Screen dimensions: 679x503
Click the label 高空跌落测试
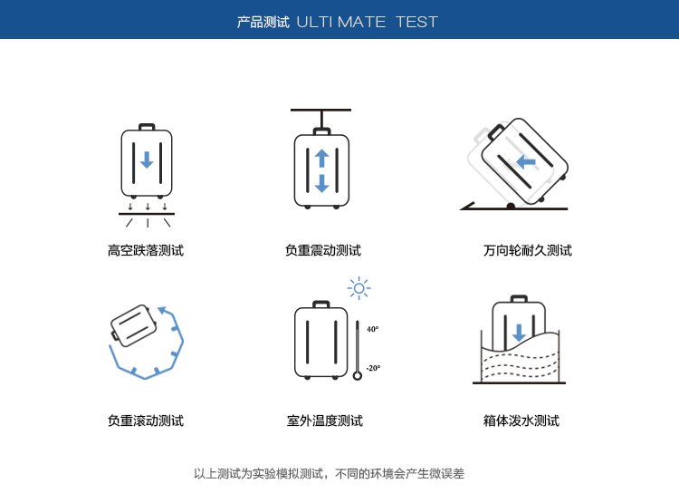point(146,250)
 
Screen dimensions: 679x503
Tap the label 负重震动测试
point(322,250)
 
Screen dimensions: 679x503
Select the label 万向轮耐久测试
point(528,250)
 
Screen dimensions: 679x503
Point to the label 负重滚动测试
point(146,421)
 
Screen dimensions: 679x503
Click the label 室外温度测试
point(325,421)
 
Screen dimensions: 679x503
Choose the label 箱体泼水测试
point(521,421)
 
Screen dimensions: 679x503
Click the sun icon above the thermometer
point(359,288)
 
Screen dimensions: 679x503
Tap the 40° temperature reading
point(372,329)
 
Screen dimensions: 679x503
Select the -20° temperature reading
point(373,368)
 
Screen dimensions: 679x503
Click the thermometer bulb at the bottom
point(358,375)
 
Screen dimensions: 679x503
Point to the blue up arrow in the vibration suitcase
point(321,159)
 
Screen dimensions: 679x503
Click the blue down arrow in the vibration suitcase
point(321,183)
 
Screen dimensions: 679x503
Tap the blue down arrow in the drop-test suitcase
point(147,160)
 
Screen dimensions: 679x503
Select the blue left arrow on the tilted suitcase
point(526,161)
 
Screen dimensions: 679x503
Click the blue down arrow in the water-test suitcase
point(519,333)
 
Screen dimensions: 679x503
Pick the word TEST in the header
point(416,22)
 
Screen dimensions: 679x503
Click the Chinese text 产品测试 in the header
point(263,22)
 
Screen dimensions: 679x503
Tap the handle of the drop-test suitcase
point(147,127)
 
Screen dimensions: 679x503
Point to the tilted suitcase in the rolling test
point(133,325)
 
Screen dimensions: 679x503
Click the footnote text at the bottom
point(330,473)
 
